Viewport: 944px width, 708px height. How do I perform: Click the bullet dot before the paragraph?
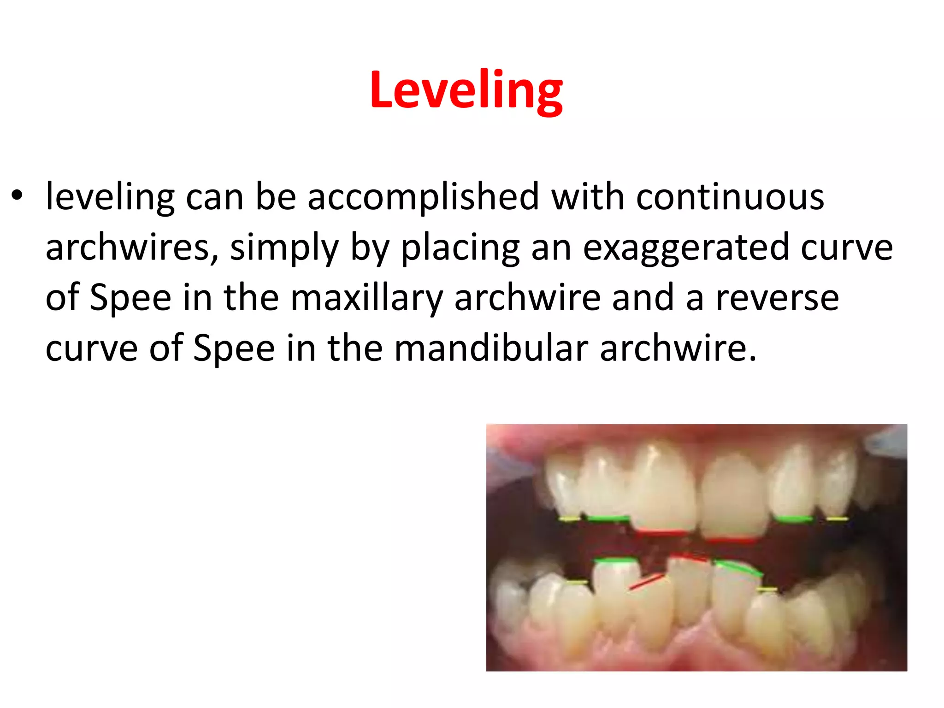(x=17, y=195)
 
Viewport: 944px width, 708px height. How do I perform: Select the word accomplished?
(x=423, y=197)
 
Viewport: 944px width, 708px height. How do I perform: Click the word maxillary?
(x=366, y=298)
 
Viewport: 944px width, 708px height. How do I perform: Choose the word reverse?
(x=777, y=298)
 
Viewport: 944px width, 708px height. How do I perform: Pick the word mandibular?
(x=491, y=348)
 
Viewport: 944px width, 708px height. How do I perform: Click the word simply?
(x=284, y=248)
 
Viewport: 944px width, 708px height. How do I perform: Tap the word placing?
(x=460, y=248)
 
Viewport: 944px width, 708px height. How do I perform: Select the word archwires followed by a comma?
(x=132, y=248)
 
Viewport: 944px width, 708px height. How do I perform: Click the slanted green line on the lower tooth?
(x=738, y=568)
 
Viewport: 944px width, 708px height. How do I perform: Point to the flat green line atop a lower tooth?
(x=615, y=560)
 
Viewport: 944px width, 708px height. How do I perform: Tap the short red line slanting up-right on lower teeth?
(x=647, y=582)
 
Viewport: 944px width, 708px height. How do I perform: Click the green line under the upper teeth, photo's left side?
(x=608, y=519)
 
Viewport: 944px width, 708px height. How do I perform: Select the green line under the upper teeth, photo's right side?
(x=794, y=519)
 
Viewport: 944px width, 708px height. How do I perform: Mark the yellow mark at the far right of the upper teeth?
(x=837, y=519)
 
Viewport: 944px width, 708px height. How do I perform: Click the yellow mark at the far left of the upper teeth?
(x=570, y=519)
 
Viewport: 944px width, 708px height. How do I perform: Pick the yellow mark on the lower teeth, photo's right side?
(x=767, y=590)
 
